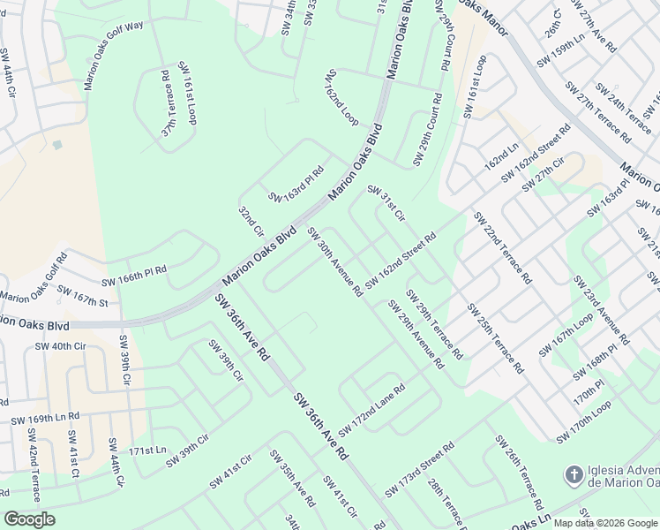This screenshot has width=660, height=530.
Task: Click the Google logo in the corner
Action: pyautogui.click(x=29, y=519)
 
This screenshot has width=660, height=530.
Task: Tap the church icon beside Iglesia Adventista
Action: pyautogui.click(x=573, y=474)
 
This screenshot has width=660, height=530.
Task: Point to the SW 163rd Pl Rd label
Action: pyautogui.click(x=296, y=184)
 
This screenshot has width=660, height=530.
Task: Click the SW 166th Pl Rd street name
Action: pyautogui.click(x=134, y=276)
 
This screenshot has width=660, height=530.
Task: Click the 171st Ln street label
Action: pyautogui.click(x=147, y=450)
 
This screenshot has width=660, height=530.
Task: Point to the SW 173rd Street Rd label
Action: pyautogui.click(x=419, y=470)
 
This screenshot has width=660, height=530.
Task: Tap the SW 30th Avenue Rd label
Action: pyautogui.click(x=335, y=261)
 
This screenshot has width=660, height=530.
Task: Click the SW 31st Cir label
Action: pyautogui.click(x=386, y=204)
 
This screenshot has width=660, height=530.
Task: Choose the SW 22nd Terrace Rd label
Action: pyautogui.click(x=502, y=246)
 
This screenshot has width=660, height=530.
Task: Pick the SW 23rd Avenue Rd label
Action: pyautogui.click(x=601, y=309)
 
